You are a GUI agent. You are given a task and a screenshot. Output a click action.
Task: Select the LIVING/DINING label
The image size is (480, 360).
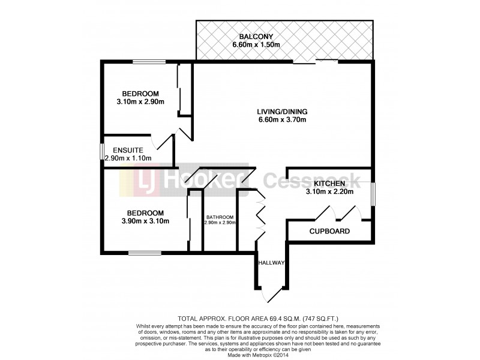(x=282, y=111)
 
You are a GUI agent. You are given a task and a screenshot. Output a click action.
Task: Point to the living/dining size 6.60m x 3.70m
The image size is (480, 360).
(x=282, y=120)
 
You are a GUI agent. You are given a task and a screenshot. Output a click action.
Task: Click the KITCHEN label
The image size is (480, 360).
(x=329, y=183)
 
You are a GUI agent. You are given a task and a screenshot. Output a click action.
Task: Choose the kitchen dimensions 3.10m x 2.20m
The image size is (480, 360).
(x=329, y=192)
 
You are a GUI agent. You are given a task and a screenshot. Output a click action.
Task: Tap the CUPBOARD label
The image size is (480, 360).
(x=329, y=231)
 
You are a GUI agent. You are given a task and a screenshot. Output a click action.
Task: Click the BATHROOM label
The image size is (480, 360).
(x=220, y=217)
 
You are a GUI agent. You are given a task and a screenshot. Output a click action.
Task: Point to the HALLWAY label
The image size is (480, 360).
(x=271, y=263)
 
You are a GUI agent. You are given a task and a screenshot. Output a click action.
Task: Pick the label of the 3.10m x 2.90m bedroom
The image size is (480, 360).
(x=140, y=94)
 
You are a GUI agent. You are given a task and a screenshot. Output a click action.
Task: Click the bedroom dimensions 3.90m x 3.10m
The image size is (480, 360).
(x=145, y=221)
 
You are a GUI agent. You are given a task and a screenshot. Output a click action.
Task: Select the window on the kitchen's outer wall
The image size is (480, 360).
(x=373, y=194)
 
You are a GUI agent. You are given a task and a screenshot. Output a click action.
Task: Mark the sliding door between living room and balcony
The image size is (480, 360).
(x=316, y=61)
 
